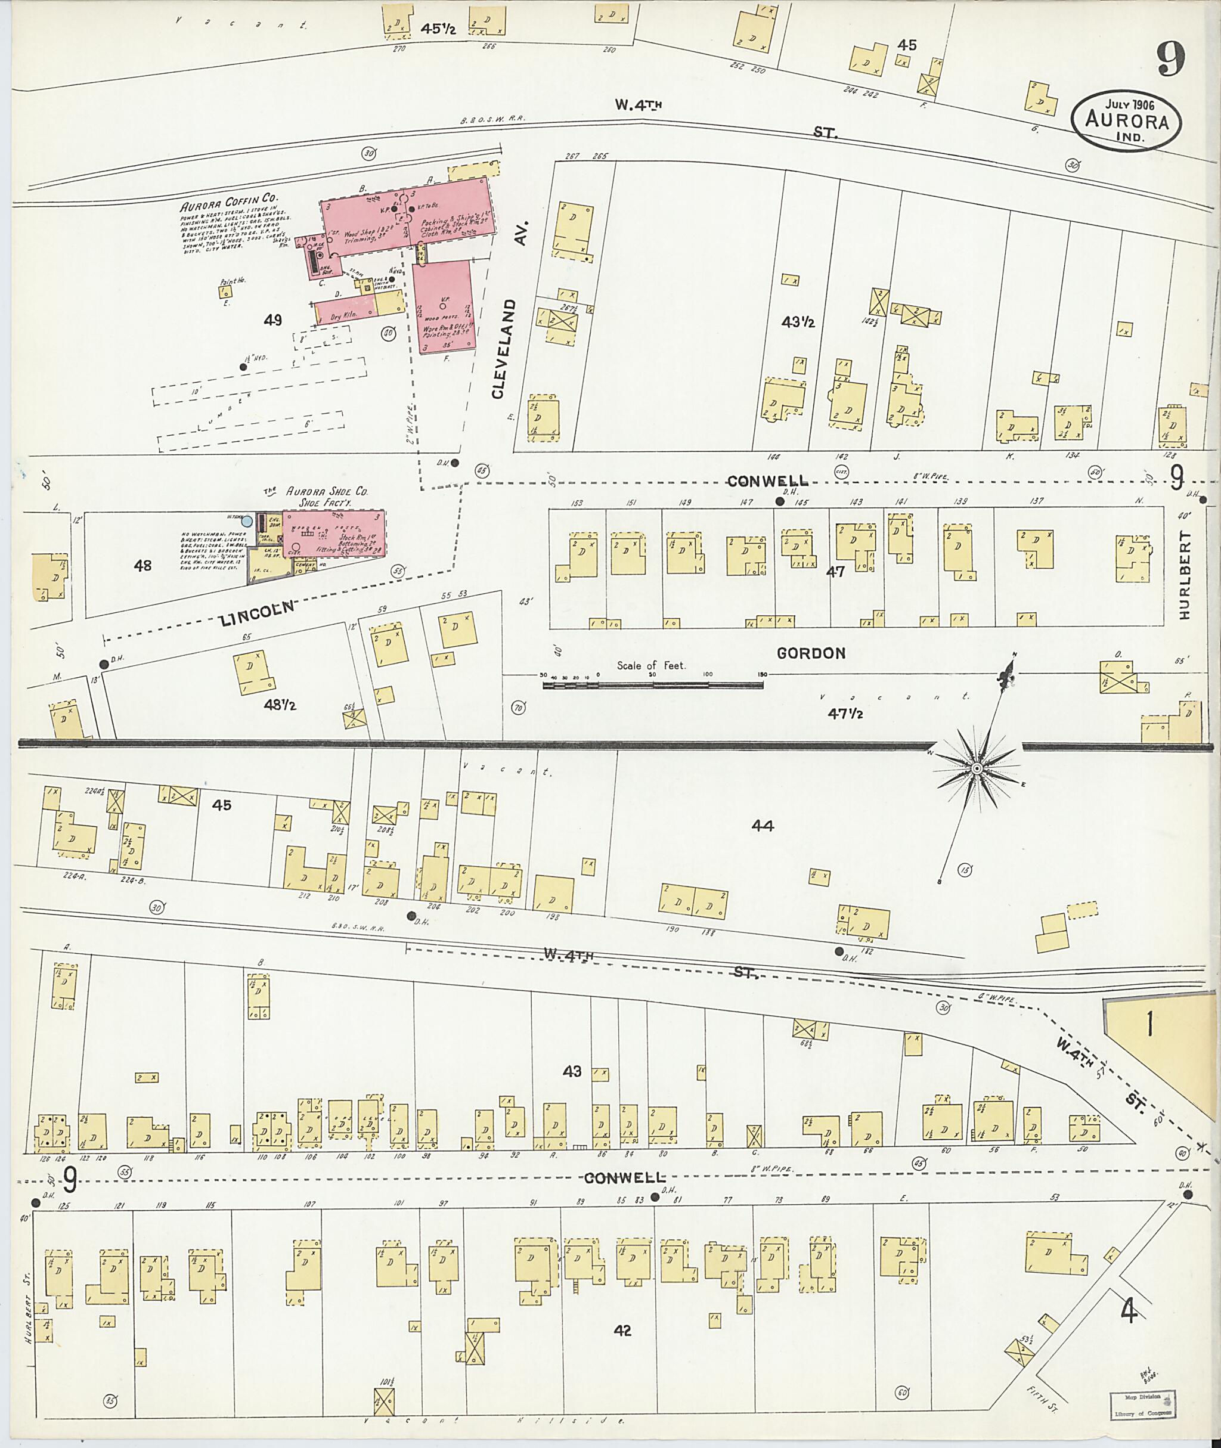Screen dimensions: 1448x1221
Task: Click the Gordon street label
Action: (811, 653)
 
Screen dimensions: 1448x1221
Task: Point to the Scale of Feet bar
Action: (652, 684)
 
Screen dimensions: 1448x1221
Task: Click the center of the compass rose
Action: (977, 769)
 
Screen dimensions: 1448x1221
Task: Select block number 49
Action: (272, 320)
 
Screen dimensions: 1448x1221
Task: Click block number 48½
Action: (280, 705)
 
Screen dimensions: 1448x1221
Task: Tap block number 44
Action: (761, 825)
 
